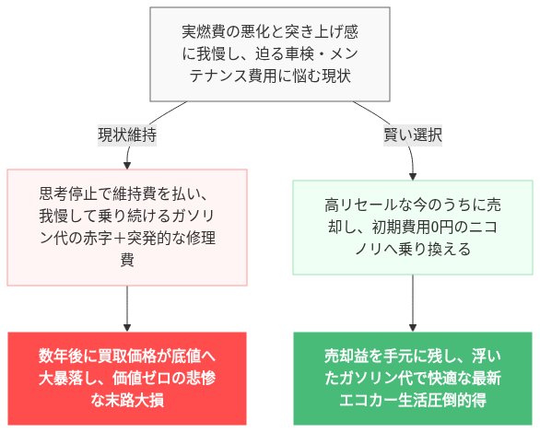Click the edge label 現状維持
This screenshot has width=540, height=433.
[126, 135]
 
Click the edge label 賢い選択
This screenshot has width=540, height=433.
[412, 135]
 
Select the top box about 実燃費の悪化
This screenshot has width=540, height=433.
[269, 54]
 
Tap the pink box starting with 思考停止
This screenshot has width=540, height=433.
[126, 228]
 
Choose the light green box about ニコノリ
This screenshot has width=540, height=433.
[412, 228]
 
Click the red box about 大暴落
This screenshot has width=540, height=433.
[126, 378]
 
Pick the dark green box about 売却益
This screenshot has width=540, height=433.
[412, 378]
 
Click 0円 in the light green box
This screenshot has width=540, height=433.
[439, 227]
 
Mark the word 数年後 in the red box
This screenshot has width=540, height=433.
[60, 356]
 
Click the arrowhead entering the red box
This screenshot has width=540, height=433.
[126, 325]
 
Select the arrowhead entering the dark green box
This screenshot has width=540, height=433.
[412, 325]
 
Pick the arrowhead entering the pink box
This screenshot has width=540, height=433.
[126, 164]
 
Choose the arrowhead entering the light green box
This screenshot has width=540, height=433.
[412, 175]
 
